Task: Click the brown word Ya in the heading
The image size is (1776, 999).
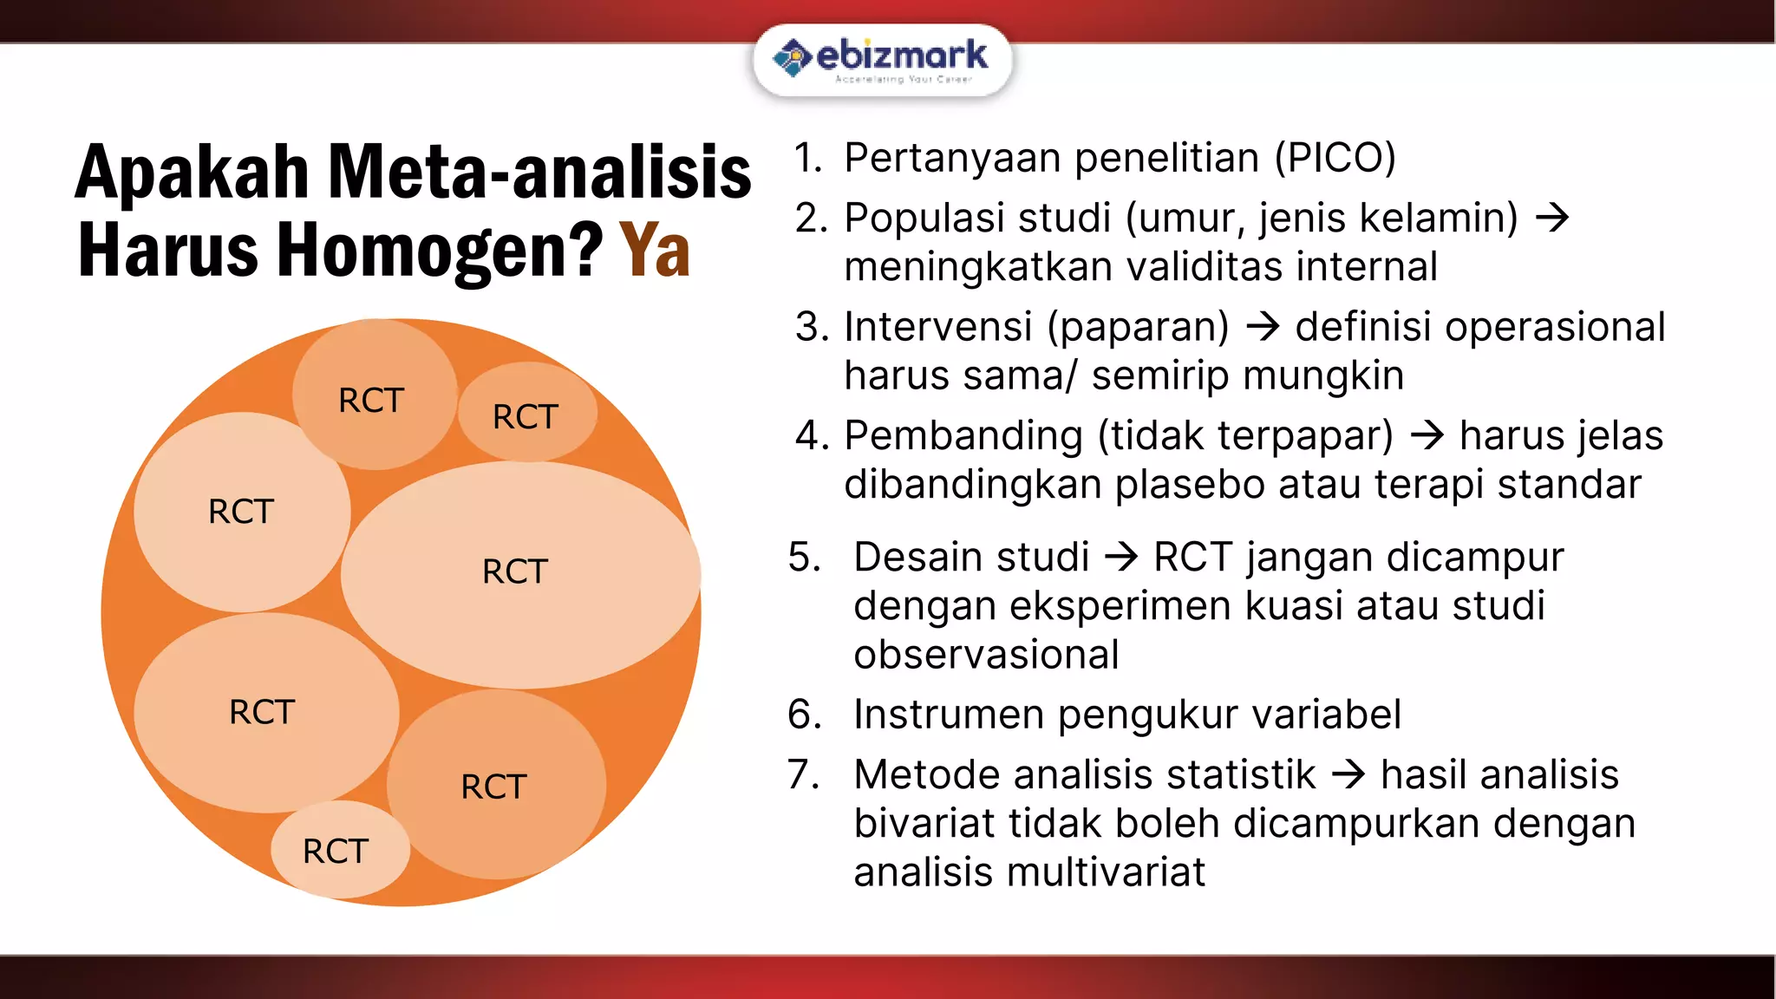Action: pos(655,251)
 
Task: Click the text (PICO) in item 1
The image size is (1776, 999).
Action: pos(1335,158)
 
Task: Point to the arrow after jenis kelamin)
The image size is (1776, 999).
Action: pos(1551,218)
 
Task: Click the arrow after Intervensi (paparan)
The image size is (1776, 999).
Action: pos(1263,327)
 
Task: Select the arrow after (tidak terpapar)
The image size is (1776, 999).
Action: pos(1427,435)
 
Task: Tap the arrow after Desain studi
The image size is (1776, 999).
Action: pos(1121,557)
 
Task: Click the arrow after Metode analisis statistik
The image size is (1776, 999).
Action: pos(1348,774)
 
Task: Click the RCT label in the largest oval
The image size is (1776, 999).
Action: pos(515,571)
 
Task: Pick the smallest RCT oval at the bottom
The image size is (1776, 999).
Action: pos(336,851)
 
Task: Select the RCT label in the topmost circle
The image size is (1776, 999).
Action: pos(371,401)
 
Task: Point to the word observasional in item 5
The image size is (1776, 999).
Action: pos(986,655)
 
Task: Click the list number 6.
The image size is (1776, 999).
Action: pos(803,715)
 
